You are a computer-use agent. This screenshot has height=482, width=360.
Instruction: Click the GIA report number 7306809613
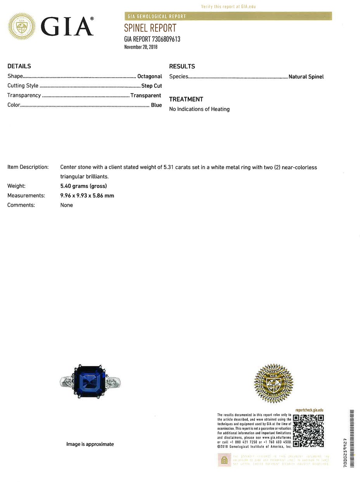[x=152, y=39]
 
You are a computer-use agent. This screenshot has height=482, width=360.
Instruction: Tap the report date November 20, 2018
[x=141, y=47]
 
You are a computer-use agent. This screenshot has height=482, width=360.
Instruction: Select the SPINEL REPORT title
[x=150, y=28]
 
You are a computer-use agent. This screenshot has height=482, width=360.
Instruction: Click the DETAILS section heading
[x=19, y=66]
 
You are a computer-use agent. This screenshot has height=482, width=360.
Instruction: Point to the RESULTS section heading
[x=182, y=66]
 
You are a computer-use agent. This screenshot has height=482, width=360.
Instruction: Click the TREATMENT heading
[x=186, y=99]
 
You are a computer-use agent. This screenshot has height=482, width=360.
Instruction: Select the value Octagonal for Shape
[x=149, y=76]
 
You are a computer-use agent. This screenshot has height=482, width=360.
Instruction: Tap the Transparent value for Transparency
[x=146, y=95]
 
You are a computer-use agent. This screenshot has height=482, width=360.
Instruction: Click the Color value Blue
[x=156, y=105]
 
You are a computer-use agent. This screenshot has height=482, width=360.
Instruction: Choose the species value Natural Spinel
[x=306, y=77]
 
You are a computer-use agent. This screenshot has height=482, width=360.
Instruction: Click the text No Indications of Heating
[x=199, y=109]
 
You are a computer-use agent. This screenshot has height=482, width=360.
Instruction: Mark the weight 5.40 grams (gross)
[x=83, y=186]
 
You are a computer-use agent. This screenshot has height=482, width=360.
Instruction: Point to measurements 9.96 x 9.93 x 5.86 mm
[x=87, y=196]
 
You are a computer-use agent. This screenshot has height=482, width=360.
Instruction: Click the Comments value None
[x=66, y=205]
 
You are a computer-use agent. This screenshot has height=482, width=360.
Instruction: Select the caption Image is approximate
[x=90, y=444]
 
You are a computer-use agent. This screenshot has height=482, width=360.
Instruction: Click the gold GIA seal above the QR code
[x=273, y=383]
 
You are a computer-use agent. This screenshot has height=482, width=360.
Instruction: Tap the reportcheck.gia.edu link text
[x=309, y=410]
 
